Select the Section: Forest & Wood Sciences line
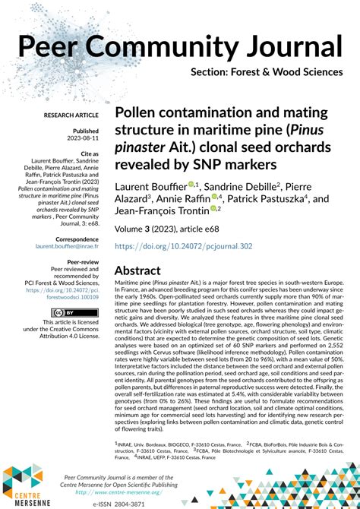tap(267, 73)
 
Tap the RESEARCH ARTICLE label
tap(71, 115)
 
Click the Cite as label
tap(86, 153)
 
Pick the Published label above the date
tap(84, 131)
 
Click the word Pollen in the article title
tap(136, 113)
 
